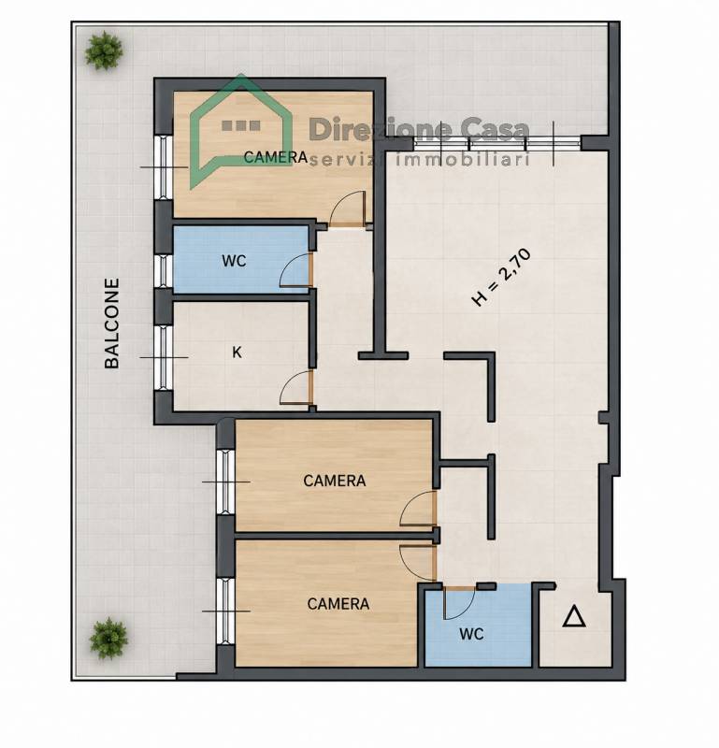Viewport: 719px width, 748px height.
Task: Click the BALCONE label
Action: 111,324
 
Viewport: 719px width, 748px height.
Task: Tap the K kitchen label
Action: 237,352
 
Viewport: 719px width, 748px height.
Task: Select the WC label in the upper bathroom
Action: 234,261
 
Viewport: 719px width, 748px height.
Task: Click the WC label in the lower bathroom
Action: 471,634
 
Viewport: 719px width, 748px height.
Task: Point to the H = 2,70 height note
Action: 501,278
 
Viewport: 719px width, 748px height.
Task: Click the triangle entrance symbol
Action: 574,616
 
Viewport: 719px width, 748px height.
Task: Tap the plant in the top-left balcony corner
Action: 104,50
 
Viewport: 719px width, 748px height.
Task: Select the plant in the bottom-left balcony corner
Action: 109,639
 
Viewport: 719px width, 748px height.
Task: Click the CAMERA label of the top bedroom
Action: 275,157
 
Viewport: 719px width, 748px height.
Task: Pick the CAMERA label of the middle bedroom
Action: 335,481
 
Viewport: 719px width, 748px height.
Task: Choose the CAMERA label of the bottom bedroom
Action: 338,604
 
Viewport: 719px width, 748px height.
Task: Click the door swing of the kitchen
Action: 295,387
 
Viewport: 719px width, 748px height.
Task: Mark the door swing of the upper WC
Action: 295,270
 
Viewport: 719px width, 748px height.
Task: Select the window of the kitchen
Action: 164,357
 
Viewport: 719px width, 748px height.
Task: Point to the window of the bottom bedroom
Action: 225,611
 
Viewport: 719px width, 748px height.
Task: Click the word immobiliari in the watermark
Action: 463,160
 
